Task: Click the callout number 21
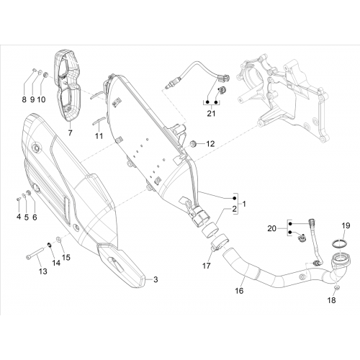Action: click(x=211, y=113)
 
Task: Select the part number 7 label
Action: click(x=70, y=132)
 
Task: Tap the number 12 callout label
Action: click(x=210, y=144)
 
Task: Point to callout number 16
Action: click(x=239, y=291)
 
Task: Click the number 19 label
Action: click(x=346, y=225)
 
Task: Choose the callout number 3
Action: click(x=156, y=279)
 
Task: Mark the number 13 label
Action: click(x=43, y=271)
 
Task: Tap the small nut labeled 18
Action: click(x=336, y=288)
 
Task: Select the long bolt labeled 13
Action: click(x=35, y=253)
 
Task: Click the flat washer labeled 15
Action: click(x=58, y=239)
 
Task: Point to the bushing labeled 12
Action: click(x=194, y=145)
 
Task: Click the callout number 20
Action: click(x=271, y=228)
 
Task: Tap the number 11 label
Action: click(x=99, y=136)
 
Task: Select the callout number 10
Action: click(x=41, y=99)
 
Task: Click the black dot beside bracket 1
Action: click(x=235, y=198)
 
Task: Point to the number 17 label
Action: click(x=207, y=266)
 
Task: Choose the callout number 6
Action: click(x=35, y=217)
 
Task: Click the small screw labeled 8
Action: click(x=34, y=70)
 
